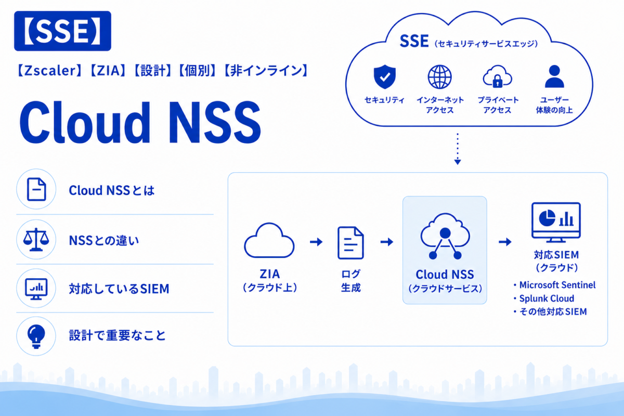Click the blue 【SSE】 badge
click(x=63, y=31)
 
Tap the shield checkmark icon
click(x=384, y=76)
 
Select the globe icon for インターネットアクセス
click(x=439, y=77)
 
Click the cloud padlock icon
click(x=497, y=76)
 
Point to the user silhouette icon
click(x=554, y=76)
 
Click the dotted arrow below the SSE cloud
click(x=458, y=149)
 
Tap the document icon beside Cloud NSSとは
click(x=36, y=189)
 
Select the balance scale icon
click(x=36, y=240)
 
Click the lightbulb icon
click(x=36, y=336)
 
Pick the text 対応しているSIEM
click(x=119, y=289)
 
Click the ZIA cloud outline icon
click(x=269, y=240)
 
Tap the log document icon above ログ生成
click(x=350, y=243)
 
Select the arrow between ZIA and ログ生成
click(x=316, y=242)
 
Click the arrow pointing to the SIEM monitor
click(x=505, y=242)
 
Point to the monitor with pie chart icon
click(x=556, y=223)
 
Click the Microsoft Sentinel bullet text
click(x=557, y=285)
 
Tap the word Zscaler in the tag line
click(x=49, y=71)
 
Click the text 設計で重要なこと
click(x=118, y=335)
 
